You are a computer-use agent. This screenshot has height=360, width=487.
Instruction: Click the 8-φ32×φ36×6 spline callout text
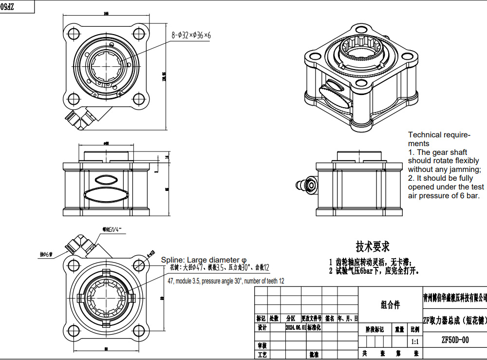click(x=191, y=35)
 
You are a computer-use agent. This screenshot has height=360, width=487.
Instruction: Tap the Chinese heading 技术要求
click(x=372, y=246)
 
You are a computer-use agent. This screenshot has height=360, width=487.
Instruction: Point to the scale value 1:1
click(x=415, y=342)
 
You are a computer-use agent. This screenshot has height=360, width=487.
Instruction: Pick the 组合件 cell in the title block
click(x=390, y=305)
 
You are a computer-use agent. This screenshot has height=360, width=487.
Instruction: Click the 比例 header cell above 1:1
click(x=415, y=329)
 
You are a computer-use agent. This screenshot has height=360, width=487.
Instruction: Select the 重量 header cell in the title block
click(x=399, y=329)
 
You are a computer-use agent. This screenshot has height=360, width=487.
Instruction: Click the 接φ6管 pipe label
click(x=46, y=254)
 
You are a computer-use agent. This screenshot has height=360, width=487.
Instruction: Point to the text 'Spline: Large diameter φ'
click(x=204, y=260)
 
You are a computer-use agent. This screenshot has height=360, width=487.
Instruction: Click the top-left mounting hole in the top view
click(x=75, y=34)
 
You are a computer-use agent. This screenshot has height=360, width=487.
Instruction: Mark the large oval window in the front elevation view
click(x=106, y=195)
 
